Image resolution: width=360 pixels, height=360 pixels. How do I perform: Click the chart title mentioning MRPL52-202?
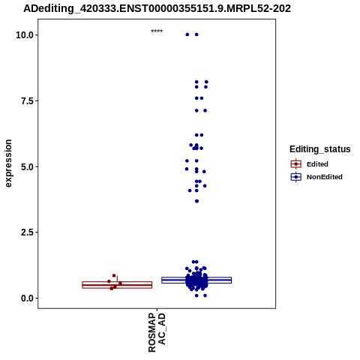[x=157, y=8]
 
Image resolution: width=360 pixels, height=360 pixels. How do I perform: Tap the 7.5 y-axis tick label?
[x=27, y=101]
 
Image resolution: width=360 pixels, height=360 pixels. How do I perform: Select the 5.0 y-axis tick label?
[x=27, y=166]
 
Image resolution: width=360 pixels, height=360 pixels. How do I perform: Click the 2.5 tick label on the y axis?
[x=27, y=232]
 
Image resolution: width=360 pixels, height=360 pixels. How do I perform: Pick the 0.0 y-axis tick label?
[x=27, y=298]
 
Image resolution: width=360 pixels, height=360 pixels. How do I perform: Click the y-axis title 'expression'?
[x=8, y=163]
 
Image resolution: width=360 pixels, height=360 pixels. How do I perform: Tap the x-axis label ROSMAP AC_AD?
[x=157, y=332]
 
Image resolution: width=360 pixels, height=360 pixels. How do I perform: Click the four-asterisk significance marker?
[x=157, y=31]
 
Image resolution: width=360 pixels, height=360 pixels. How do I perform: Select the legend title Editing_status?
[x=320, y=149]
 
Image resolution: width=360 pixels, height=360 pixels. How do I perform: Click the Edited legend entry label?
[x=317, y=164]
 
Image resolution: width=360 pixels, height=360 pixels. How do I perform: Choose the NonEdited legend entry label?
[x=325, y=177]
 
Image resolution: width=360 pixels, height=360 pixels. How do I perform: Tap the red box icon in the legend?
[x=296, y=164]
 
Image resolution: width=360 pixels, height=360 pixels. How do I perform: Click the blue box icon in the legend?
[x=296, y=177]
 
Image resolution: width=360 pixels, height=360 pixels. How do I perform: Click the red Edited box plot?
[x=117, y=285]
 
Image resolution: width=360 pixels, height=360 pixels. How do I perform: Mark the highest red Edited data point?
[x=114, y=275]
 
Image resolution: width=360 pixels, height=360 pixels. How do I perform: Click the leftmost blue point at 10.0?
[x=187, y=34]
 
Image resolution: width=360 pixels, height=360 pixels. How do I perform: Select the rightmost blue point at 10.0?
[x=196, y=34]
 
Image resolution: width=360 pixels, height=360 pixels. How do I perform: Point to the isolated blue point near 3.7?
[x=196, y=201]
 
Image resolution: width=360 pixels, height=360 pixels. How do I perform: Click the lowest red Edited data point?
[x=112, y=289]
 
